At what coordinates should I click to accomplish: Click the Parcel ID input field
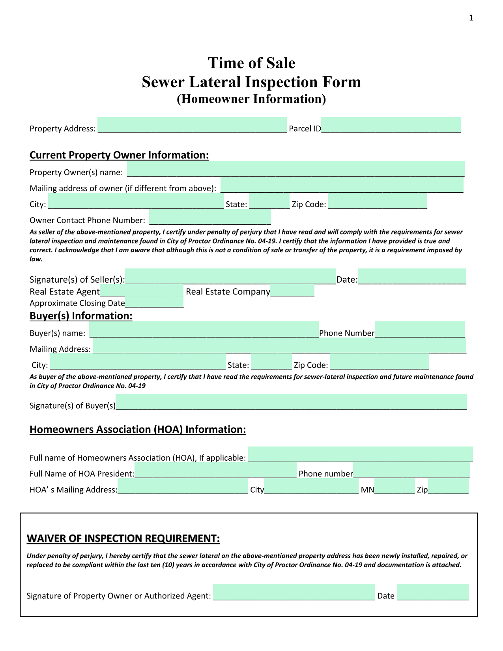(x=391, y=126)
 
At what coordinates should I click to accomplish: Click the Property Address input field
(x=192, y=126)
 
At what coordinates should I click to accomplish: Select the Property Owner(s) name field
(x=295, y=169)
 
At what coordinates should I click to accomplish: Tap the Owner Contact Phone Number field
(x=210, y=218)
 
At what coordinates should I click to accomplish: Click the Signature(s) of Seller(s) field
(x=230, y=276)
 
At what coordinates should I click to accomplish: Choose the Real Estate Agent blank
(x=142, y=291)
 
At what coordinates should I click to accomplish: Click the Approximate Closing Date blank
(x=154, y=303)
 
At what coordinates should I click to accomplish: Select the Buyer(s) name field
(x=204, y=330)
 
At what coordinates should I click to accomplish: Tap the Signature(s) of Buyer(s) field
(x=291, y=402)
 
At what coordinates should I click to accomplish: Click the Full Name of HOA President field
(x=215, y=470)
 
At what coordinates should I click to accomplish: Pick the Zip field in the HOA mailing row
(x=448, y=486)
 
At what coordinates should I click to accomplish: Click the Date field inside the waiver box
(x=432, y=592)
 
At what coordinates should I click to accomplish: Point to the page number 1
(x=471, y=18)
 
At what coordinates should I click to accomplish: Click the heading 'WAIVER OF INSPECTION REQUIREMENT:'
(x=123, y=538)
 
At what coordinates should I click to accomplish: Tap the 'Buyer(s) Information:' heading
(x=81, y=316)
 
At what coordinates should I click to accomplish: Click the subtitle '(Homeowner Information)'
(x=251, y=99)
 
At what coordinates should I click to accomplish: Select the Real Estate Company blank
(x=292, y=291)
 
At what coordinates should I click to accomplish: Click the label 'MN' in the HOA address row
(x=367, y=490)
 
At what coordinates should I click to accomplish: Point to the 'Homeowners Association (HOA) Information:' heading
(x=138, y=430)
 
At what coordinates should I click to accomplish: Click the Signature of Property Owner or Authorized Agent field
(x=294, y=592)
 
